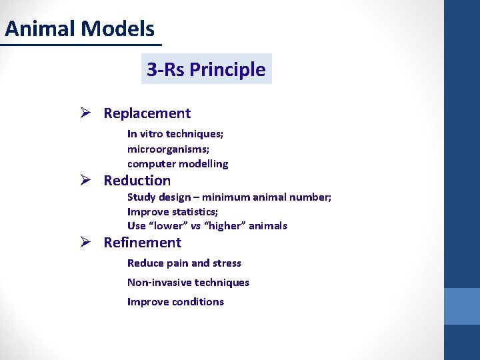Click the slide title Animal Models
tap(79, 29)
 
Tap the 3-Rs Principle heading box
tap(206, 69)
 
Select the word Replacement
tap(147, 113)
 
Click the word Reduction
tap(137, 181)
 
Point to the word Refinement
tap(142, 243)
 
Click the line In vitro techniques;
tap(175, 134)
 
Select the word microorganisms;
tap(168, 149)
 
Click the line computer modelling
tap(177, 163)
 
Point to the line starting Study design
tap(229, 197)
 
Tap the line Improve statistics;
tap(172, 211)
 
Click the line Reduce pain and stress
tap(184, 263)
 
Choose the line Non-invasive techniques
tap(188, 283)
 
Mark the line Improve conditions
tap(175, 302)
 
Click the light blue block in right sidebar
tap(462, 306)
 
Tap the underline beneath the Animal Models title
tap(80, 45)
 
